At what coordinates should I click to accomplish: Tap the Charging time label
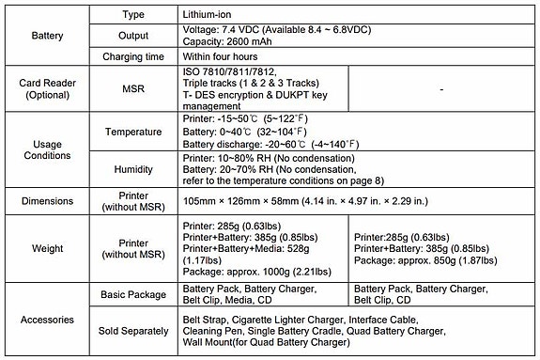pos(133,56)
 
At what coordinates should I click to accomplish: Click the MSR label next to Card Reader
pos(133,89)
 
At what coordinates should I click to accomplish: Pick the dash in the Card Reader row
pos(440,89)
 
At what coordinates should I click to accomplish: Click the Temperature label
pos(133,131)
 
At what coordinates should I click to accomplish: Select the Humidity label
pos(133,169)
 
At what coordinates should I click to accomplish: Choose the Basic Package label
pos(133,295)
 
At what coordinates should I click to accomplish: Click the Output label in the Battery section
pos(133,35)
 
